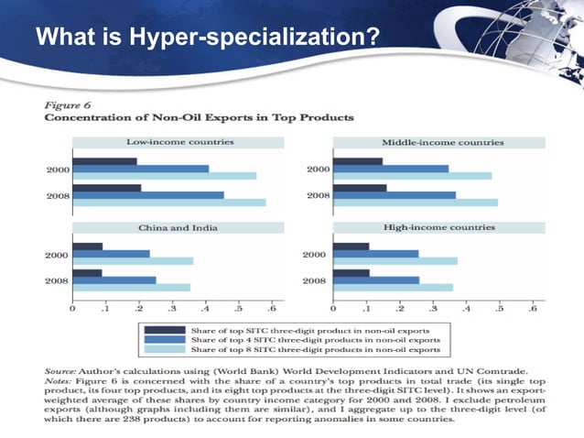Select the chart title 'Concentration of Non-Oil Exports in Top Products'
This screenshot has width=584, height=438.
(200, 118)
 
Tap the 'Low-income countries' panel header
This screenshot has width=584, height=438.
(178, 142)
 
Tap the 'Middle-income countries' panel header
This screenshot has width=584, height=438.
(442, 142)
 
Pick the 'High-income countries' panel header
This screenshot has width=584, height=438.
(442, 226)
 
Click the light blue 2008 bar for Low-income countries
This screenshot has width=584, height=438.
(169, 203)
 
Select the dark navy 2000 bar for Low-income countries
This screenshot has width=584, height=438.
(104, 162)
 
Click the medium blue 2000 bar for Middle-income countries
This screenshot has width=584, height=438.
(391, 169)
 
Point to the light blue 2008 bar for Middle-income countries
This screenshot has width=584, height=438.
(416, 203)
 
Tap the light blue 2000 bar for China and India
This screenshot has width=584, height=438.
(133, 261)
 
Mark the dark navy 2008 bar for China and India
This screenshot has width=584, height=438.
(87, 273)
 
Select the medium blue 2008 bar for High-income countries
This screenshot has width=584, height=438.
(376, 280)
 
